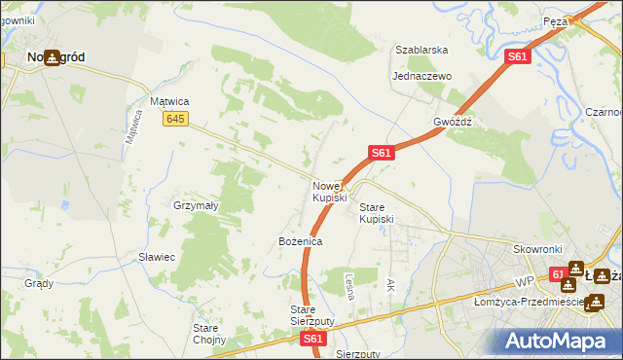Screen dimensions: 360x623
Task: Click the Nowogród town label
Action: pyautogui.click(x=55, y=57)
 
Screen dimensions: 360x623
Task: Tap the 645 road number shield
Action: pyautogui.click(x=175, y=119)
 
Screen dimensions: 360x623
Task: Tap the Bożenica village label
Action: pyautogui.click(x=300, y=240)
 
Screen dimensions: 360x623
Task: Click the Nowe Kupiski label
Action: pyautogui.click(x=329, y=192)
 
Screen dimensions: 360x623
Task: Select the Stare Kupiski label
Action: pyautogui.click(x=377, y=213)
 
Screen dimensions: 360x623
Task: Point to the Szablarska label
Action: pyautogui.click(x=421, y=50)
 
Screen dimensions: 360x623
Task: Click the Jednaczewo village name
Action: pyautogui.click(x=421, y=76)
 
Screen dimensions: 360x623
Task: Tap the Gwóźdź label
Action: pyautogui.click(x=453, y=123)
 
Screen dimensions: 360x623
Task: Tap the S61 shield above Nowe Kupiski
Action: pyautogui.click(x=381, y=153)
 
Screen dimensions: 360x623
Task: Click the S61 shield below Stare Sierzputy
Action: pyautogui.click(x=311, y=339)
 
